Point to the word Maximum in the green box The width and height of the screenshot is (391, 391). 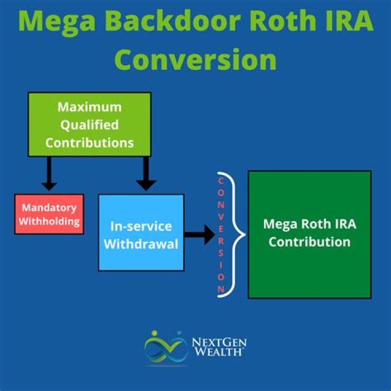point(90,106)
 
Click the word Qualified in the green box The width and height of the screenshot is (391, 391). point(90,125)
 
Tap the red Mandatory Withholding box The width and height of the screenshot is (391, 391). point(49,214)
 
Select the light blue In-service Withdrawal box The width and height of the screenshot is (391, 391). point(141,232)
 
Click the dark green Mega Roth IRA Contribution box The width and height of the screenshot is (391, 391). point(310,234)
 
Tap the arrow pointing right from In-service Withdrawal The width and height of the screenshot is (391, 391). point(200,235)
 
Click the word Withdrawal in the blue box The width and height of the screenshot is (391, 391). point(141,244)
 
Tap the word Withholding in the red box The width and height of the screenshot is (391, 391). point(49,221)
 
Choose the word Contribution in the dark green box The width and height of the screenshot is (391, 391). point(310,242)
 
